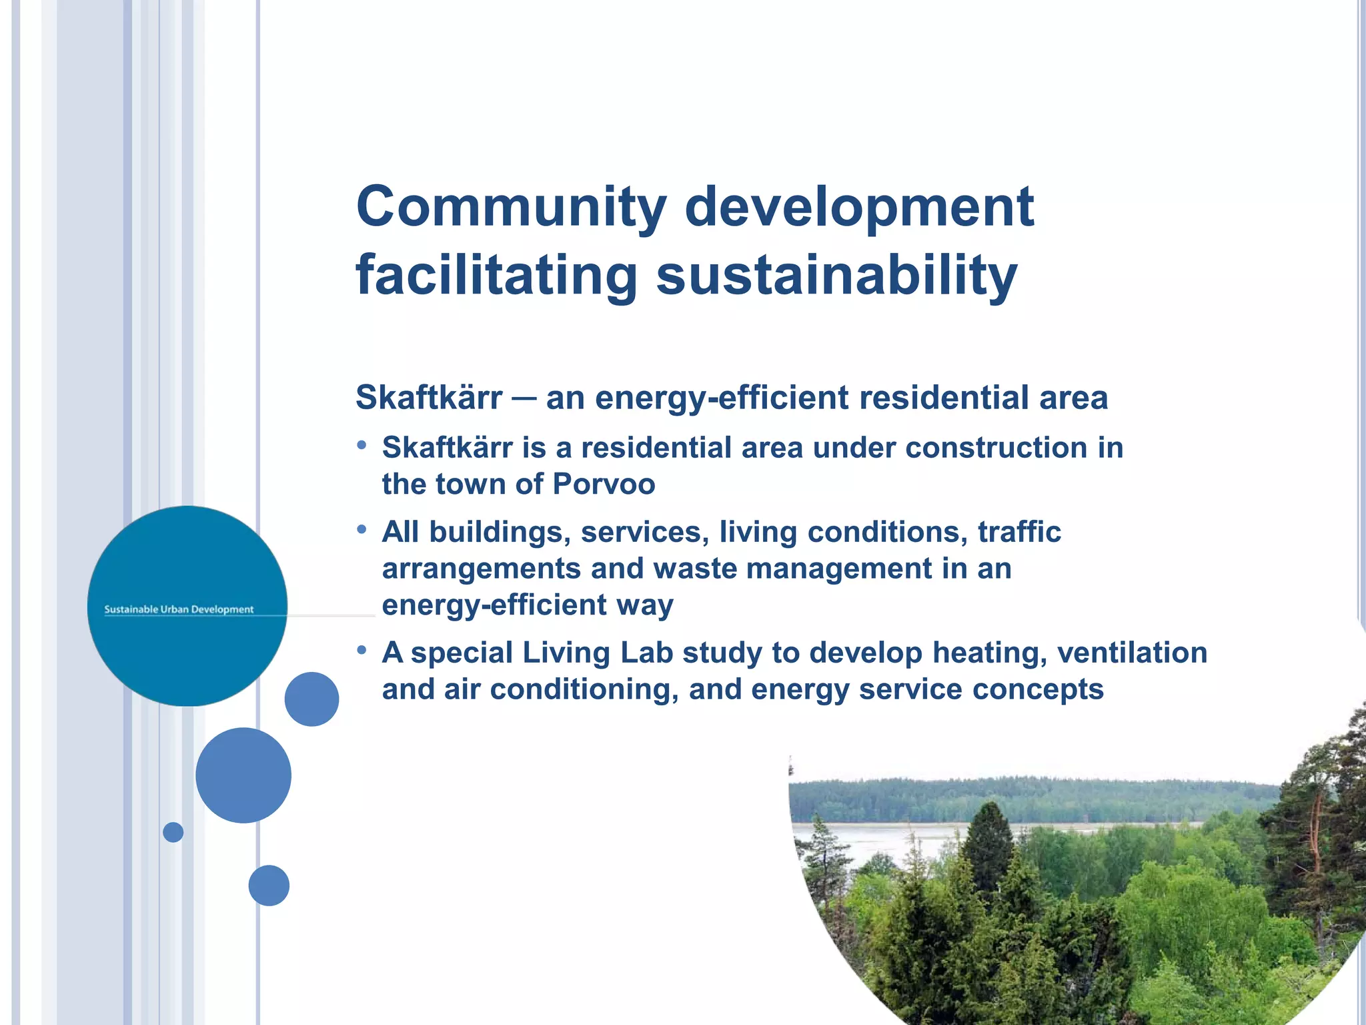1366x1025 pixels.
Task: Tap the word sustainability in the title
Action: [836, 275]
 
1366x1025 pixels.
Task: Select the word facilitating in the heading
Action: [496, 275]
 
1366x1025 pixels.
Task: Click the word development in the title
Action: [859, 207]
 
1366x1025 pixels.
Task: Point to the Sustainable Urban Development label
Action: [179, 609]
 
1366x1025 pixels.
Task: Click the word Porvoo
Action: [604, 484]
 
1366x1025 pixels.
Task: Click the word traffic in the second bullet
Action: [1019, 533]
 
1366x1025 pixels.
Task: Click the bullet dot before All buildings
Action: [362, 530]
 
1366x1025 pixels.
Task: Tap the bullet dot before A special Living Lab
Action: [362, 650]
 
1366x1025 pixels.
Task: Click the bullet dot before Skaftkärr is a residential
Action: [362, 445]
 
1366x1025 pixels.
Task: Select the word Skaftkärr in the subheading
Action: [429, 398]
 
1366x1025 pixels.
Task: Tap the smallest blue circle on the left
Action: [173, 832]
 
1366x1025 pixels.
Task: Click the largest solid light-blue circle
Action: [243, 775]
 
